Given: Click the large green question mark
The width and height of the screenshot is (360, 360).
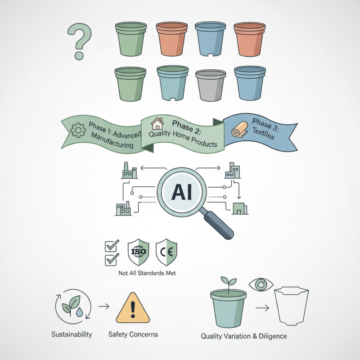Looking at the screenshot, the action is [x=79, y=41].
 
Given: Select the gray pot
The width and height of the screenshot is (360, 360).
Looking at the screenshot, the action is [x=211, y=85].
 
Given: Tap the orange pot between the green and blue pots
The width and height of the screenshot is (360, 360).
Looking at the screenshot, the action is [x=172, y=39].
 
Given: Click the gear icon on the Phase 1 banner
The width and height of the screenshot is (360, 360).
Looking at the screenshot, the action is [x=78, y=130].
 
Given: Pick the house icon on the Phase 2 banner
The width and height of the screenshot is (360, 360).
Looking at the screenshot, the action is [x=157, y=124].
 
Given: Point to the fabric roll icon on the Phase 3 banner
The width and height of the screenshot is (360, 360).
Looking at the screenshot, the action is [x=240, y=130].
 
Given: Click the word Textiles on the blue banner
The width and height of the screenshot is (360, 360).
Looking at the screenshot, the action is [x=263, y=133].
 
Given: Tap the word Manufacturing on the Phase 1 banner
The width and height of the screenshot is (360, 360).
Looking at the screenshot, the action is [x=112, y=140].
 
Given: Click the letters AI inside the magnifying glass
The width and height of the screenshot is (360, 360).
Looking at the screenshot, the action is [x=181, y=193].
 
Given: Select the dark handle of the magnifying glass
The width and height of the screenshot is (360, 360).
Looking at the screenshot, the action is [x=218, y=225].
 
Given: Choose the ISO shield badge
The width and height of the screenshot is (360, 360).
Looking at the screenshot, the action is [x=139, y=252].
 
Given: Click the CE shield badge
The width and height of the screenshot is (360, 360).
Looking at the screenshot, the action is [x=166, y=252].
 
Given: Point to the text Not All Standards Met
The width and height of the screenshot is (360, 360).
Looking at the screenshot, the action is [x=147, y=273].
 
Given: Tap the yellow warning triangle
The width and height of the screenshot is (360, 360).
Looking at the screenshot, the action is [x=133, y=308].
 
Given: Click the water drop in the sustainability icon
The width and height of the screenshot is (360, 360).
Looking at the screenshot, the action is [x=79, y=312].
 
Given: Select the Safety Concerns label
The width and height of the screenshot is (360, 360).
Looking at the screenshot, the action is [x=133, y=334].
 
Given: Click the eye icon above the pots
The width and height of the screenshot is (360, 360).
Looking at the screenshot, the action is [x=261, y=285].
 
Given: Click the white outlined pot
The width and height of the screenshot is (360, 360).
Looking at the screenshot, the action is [x=292, y=306].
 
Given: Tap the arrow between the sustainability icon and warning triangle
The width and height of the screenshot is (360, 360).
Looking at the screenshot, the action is [x=104, y=306].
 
